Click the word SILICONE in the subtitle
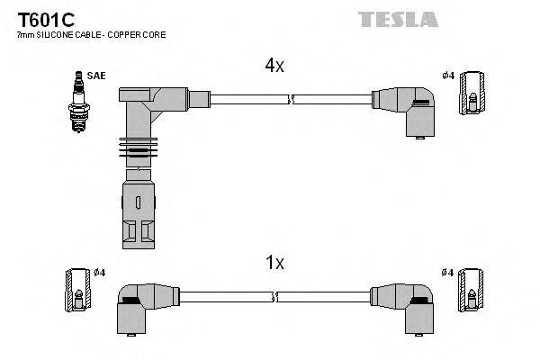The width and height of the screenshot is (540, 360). point(60,34)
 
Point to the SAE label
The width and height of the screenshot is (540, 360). point(96,76)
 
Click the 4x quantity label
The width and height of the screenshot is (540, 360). point(274,66)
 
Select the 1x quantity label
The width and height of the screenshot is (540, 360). point(274,263)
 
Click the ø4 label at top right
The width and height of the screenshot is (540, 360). point(448,76)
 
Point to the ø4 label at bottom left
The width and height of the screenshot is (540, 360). point(99,272)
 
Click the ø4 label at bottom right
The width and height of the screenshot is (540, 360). point(448,272)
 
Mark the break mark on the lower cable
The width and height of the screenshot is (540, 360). point(276,295)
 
